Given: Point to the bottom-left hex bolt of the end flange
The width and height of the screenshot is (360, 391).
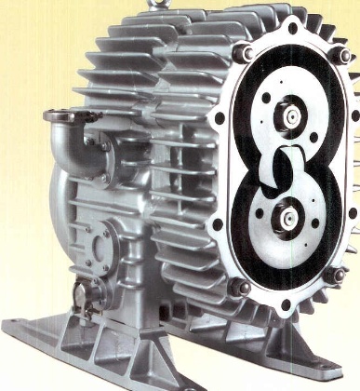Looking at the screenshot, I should click(x=234, y=285).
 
